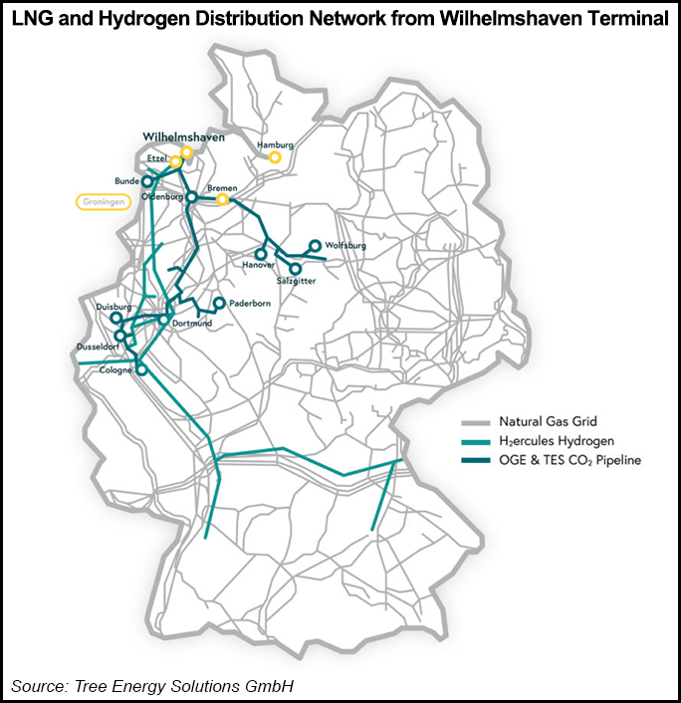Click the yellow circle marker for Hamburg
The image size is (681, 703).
[x=275, y=156]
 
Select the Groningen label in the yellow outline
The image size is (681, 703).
[x=103, y=201]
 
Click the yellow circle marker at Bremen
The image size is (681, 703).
[x=223, y=199]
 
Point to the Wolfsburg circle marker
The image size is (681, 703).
[x=316, y=245]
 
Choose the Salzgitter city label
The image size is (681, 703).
[x=294, y=282]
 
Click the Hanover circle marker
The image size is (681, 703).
[x=261, y=254]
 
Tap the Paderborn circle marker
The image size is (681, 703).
[x=219, y=303]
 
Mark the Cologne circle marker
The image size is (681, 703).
[x=141, y=369]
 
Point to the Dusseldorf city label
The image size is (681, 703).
[x=98, y=347]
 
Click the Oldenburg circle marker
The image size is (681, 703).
[x=192, y=196]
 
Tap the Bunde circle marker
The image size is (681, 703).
[x=147, y=181]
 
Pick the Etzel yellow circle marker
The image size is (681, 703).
[x=176, y=161]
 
